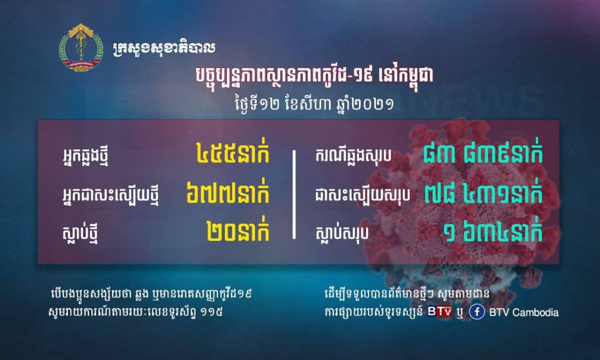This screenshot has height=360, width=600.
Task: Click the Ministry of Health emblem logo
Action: click(x=80, y=48)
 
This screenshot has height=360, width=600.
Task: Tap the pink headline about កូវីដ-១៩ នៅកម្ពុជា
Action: click(x=314, y=76)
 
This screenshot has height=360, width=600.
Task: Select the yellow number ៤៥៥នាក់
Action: click(x=232, y=154)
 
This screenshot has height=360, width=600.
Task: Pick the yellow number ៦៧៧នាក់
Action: click(x=227, y=193)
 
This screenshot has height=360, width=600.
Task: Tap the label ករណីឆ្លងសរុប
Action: click(x=353, y=155)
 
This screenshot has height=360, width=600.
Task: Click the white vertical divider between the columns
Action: click(x=294, y=194)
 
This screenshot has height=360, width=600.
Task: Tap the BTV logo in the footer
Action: click(x=439, y=311)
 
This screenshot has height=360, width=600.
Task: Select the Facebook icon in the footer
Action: click(x=477, y=312)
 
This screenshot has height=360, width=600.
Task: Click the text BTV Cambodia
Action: click(x=524, y=312)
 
